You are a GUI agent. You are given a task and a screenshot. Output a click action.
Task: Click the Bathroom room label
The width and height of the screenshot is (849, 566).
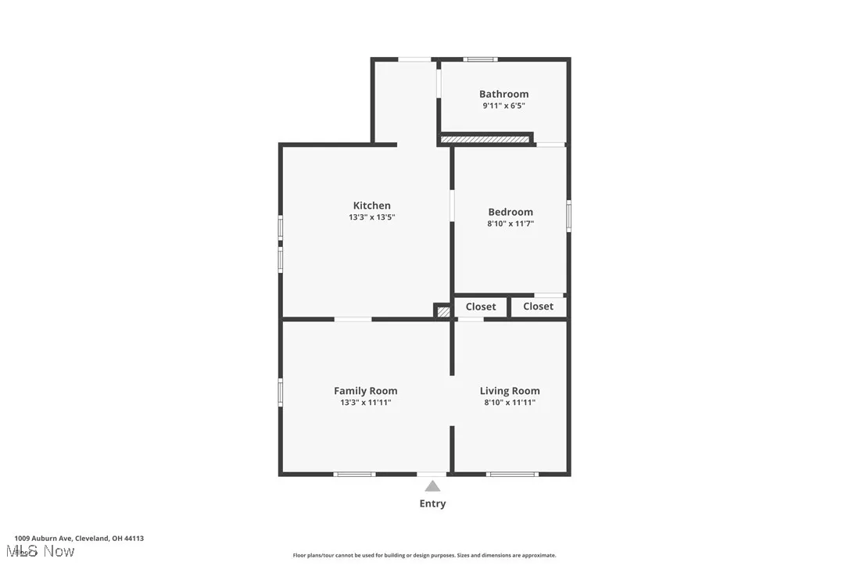tap(503, 94)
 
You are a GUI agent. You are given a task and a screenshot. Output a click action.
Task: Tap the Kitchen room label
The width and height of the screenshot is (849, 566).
tap(371, 206)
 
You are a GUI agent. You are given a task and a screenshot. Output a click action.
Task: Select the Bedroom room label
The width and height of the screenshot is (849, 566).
tap(510, 212)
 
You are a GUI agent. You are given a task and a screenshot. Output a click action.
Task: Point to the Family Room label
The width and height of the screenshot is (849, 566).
tap(365, 391)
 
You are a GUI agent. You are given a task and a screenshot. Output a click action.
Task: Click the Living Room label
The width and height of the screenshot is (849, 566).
tap(510, 391)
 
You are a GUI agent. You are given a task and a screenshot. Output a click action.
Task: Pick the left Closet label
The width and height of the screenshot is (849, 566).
tap(481, 306)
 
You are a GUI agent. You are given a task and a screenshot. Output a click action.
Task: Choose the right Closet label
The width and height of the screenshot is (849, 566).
tap(538, 306)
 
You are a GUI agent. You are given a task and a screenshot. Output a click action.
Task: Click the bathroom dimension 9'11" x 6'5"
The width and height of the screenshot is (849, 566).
tap(503, 106)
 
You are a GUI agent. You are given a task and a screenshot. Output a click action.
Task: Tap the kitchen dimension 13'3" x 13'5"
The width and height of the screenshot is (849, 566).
tap(371, 217)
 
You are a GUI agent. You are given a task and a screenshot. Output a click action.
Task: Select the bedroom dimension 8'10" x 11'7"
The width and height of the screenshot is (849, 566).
tap(510, 224)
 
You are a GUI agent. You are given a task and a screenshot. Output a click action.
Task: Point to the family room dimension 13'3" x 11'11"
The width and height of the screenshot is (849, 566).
tap(365, 403)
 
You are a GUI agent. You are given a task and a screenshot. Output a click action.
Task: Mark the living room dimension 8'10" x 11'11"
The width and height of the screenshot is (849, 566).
tap(510, 403)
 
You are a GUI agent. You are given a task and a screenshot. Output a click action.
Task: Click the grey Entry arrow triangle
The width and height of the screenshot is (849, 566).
tap(432, 486)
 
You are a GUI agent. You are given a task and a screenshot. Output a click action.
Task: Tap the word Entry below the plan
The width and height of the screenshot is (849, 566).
tap(432, 503)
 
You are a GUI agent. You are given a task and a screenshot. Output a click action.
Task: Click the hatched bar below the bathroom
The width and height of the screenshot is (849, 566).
tap(485, 140)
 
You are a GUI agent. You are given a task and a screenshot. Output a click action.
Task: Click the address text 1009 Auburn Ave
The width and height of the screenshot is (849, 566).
tap(79, 538)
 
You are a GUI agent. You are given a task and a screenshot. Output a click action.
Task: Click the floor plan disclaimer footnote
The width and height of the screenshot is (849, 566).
tap(424, 555)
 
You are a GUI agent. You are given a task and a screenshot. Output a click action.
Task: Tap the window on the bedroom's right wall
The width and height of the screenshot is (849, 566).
tap(568, 216)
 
